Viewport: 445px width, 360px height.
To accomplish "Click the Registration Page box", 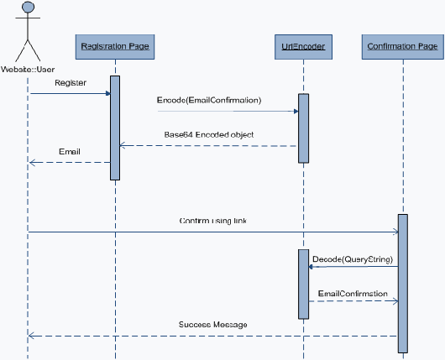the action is pos(115,47).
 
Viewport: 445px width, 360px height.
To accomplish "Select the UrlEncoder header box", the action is pos(303,47).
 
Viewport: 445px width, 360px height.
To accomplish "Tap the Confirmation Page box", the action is pos(403,47).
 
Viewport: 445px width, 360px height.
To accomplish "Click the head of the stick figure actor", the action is pos(28,7).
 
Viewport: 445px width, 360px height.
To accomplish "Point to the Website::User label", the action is pos(28,69).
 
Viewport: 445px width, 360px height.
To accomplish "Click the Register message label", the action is pos(71,83).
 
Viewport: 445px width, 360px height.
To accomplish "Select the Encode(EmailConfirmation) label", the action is pos(209,100).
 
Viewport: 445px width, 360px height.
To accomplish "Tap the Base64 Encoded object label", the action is pos(209,134).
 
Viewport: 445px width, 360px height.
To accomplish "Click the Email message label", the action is pos(70,152).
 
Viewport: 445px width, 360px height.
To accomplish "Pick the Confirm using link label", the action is pos(213,221).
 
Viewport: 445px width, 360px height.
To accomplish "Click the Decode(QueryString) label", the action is pos(353,259).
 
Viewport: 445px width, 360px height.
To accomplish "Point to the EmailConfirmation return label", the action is pos(353,294).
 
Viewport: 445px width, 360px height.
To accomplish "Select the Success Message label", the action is pos(213,325).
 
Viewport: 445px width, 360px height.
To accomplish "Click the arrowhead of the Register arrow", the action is pos(108,93).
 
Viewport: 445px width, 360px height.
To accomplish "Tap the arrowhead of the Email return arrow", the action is pos(32,163).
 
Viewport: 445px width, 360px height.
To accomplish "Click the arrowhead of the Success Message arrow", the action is pos(31,337).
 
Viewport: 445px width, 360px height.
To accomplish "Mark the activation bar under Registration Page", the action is pos(115,128).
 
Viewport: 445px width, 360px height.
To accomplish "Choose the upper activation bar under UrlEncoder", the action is pos(303,128).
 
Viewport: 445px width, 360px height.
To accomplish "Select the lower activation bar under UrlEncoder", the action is pos(303,284).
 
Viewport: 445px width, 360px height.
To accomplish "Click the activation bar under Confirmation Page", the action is pos(403,284).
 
